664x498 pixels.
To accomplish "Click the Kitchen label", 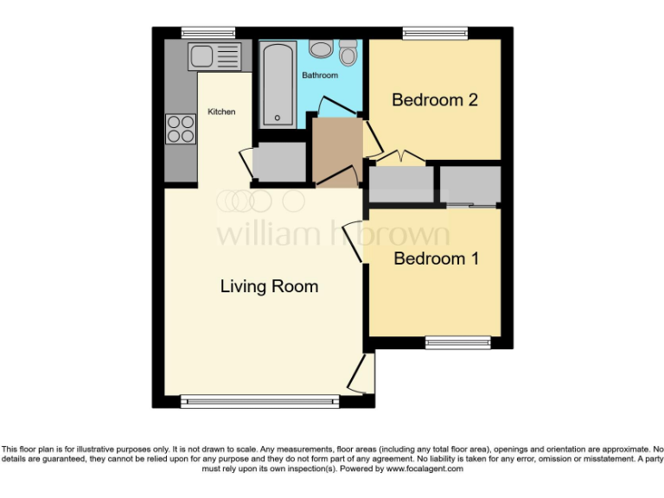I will (221, 112).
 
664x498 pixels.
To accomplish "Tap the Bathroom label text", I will (319, 75).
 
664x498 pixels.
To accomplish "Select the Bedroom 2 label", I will (435, 99).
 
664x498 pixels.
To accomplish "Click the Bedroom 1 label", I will (436, 258).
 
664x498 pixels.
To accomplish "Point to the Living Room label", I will (269, 286).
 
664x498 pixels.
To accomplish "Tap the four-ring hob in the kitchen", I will (181, 129).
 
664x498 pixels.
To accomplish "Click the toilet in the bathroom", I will (348, 53).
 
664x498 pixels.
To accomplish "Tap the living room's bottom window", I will (260, 401).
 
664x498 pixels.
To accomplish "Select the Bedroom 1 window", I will (458, 343).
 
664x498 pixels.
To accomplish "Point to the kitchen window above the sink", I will (201, 33).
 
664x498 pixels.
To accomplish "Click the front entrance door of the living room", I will (363, 373).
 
